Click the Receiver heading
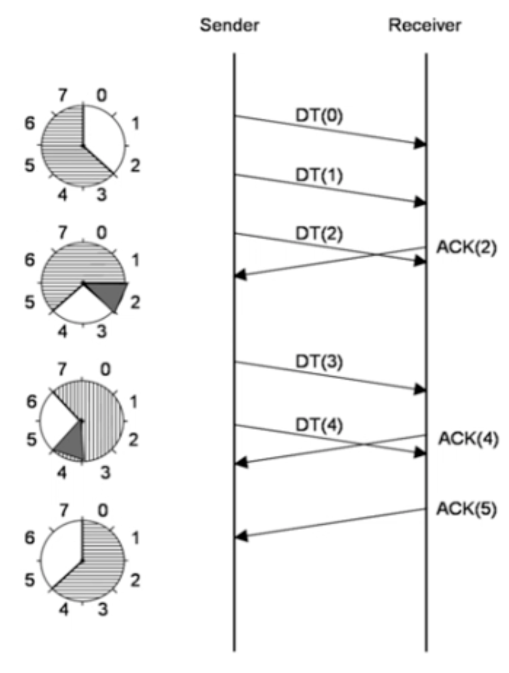(x=425, y=26)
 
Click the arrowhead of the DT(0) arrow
(x=420, y=144)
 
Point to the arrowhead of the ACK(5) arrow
(x=241, y=537)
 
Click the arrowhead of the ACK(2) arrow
(x=241, y=274)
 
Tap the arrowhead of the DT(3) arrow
(x=420, y=390)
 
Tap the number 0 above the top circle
(x=102, y=95)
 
